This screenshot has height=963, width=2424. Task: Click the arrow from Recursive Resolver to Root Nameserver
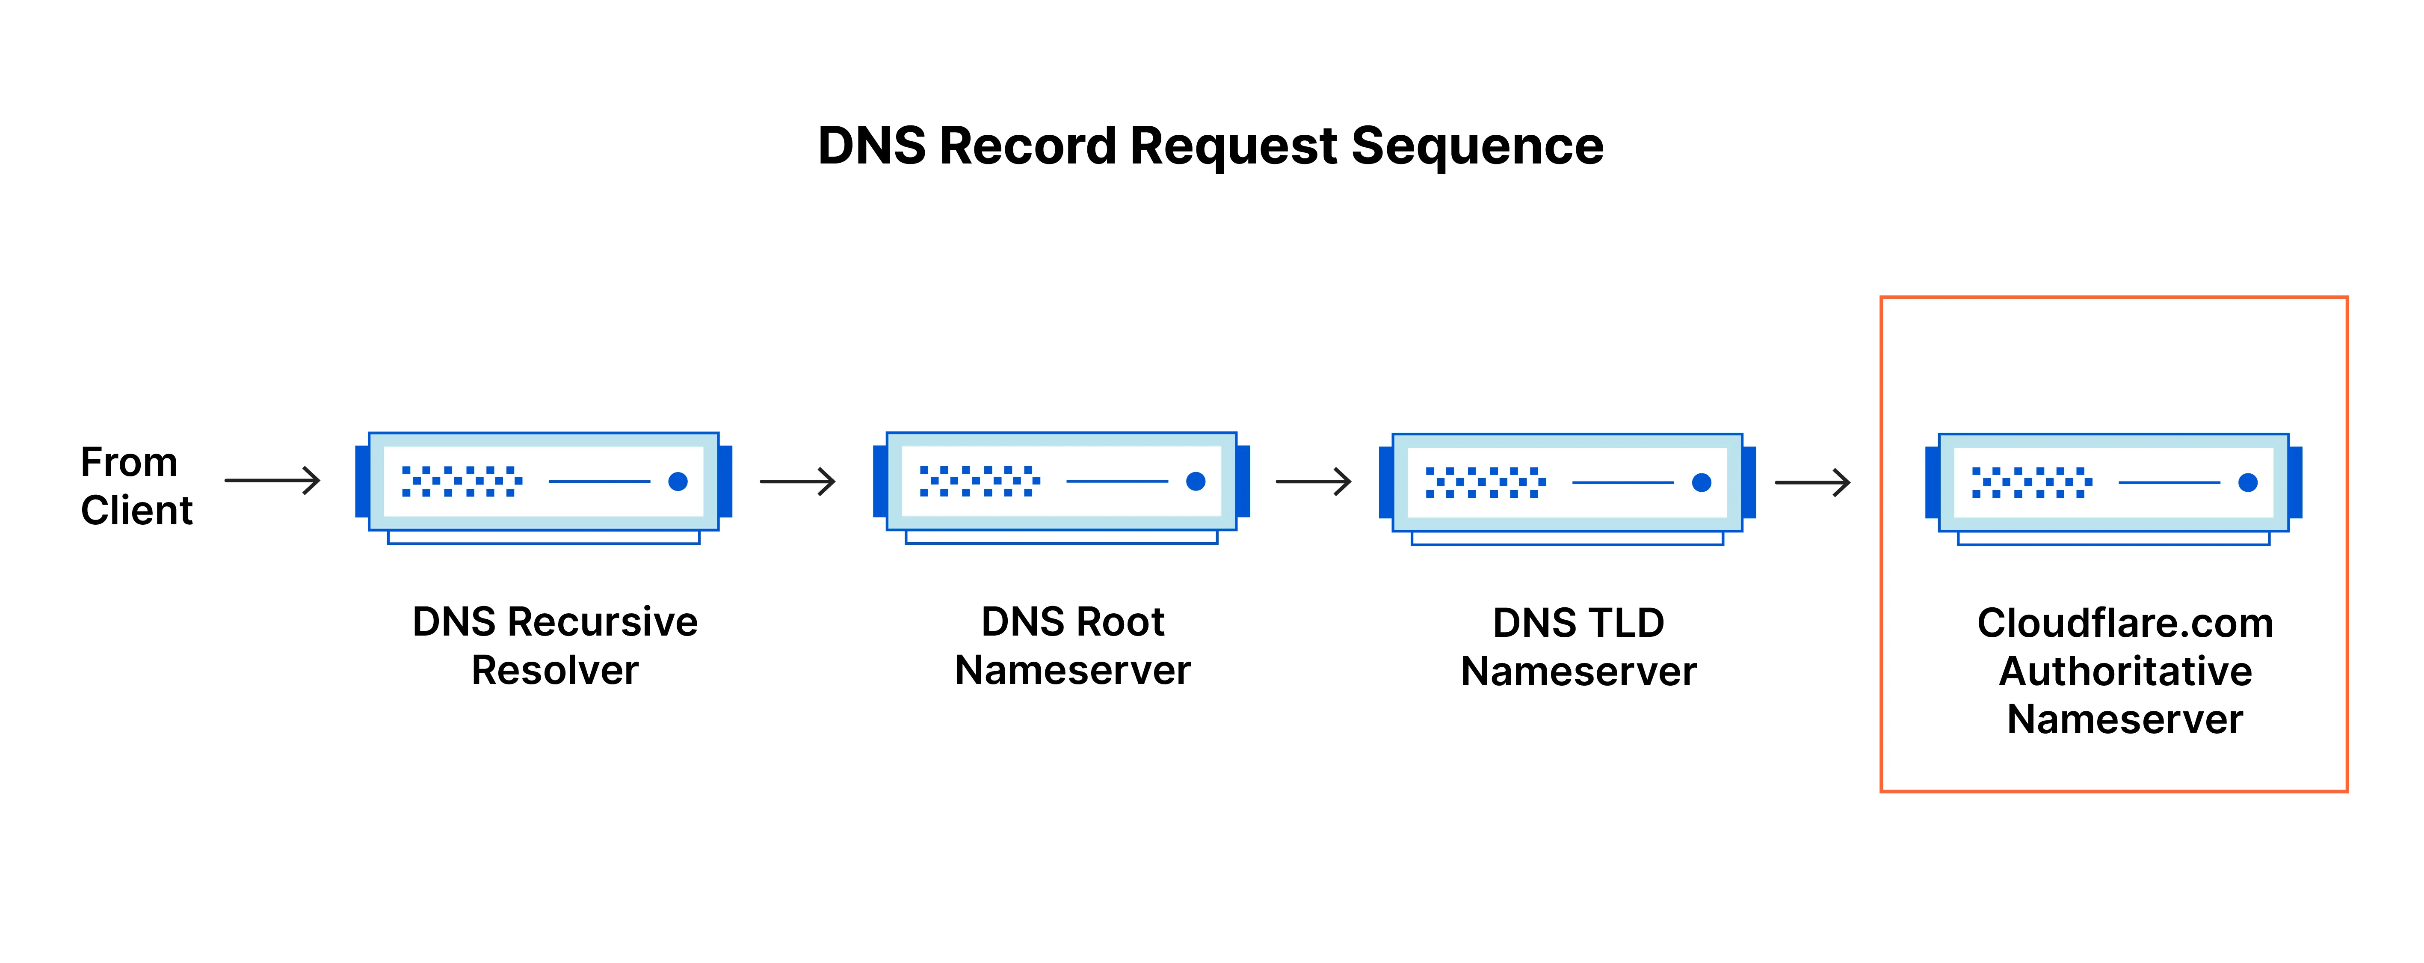pos(798,481)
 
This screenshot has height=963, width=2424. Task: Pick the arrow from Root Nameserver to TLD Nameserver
pos(1314,482)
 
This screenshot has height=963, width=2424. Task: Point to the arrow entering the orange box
pos(1812,483)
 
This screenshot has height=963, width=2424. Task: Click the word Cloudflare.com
pos(2125,623)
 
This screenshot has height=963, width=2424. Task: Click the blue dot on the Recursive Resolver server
pos(678,481)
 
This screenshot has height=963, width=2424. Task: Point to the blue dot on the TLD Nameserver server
pos(1701,482)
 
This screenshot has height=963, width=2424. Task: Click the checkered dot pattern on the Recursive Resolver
pos(461,481)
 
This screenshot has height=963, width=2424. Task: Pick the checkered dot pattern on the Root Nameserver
pos(980,481)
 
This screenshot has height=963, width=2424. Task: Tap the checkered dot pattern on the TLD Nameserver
pos(1485,482)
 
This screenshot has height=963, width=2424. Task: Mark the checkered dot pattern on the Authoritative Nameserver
pos(2032,482)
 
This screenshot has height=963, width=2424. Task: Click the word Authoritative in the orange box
pos(2125,671)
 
